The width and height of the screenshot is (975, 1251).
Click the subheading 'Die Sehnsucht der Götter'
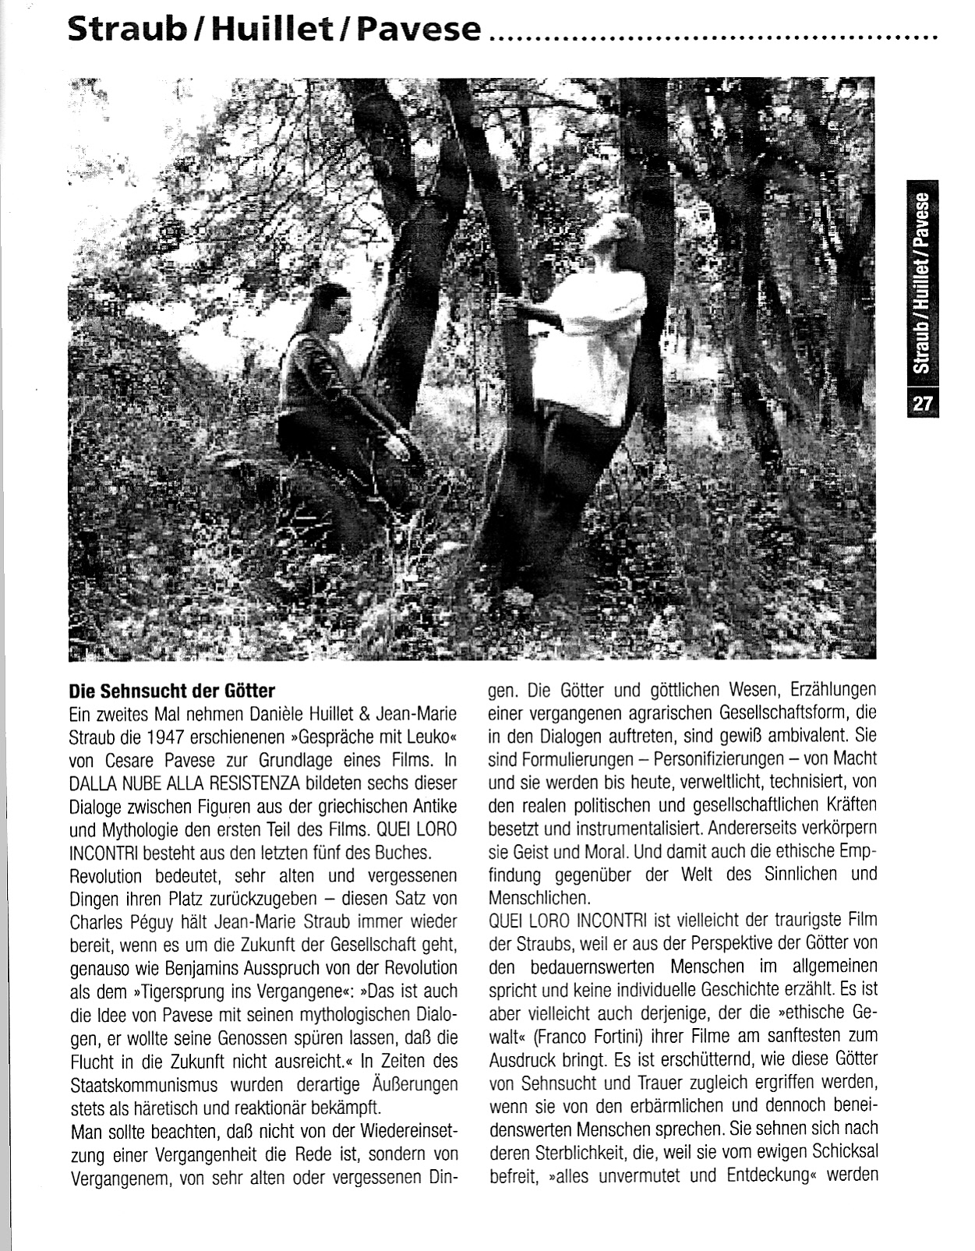point(172,691)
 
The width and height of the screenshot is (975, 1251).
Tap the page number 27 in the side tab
point(924,403)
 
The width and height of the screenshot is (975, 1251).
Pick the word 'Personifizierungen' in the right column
point(724,758)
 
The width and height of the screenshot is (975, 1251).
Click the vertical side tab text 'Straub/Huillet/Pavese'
point(924,283)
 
